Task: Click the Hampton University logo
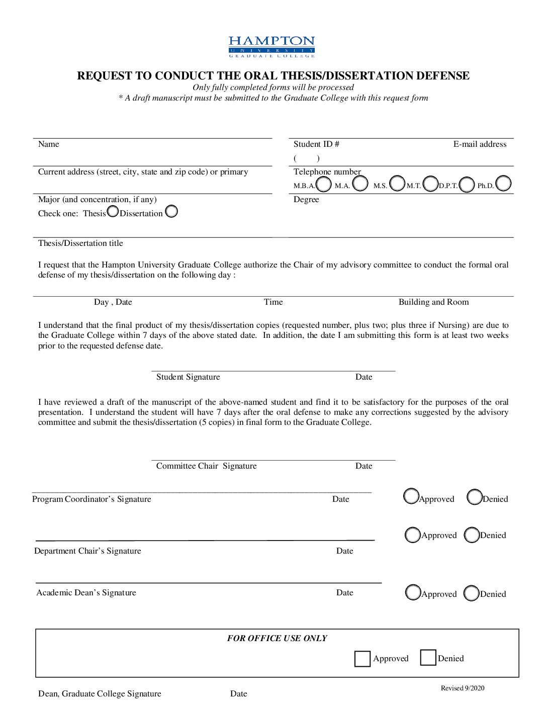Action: [x=271, y=46]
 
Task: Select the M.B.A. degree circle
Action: [x=324, y=184]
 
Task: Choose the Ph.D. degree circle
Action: [x=503, y=184]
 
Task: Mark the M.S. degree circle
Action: [x=397, y=184]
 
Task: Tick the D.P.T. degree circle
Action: [x=467, y=185]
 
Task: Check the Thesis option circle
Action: [x=113, y=211]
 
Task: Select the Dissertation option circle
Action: [x=171, y=211]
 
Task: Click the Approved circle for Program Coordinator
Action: [x=411, y=496]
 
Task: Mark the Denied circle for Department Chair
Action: [x=472, y=535]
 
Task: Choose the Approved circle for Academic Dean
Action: [x=413, y=593]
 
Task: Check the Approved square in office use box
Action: [x=362, y=659]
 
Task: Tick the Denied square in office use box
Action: [x=428, y=658]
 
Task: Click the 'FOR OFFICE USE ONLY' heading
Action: [x=277, y=638]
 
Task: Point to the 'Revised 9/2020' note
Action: [x=463, y=688]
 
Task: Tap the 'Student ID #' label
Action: [x=316, y=144]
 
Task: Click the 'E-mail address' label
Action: [x=480, y=144]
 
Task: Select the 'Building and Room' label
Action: [x=433, y=302]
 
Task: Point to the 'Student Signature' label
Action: [x=188, y=377]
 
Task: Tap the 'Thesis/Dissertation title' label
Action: [x=80, y=243]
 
